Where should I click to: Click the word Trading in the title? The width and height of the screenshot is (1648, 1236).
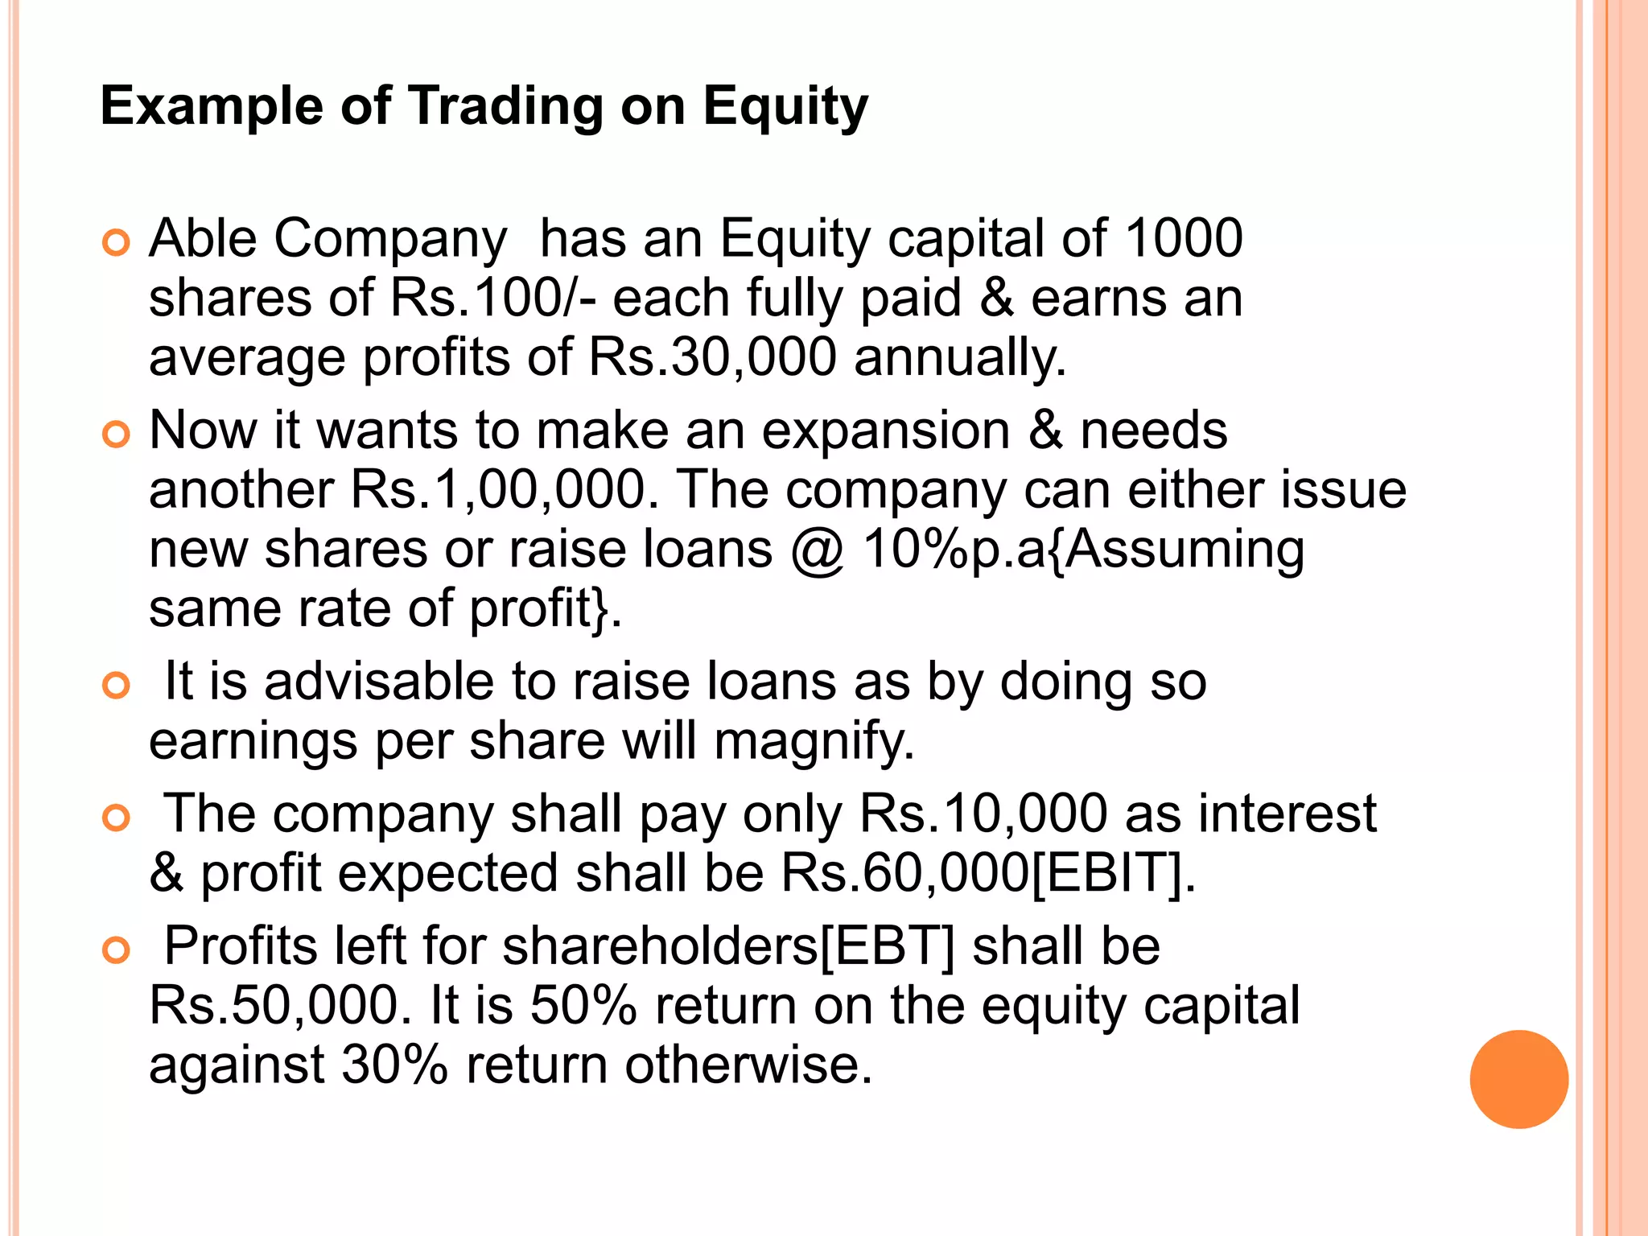[506, 106]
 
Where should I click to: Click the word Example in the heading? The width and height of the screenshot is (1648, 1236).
[212, 106]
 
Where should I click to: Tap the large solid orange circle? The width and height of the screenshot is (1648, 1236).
[1518, 1079]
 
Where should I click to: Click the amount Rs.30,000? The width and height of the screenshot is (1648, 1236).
[712, 357]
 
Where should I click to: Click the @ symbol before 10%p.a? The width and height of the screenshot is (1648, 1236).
[817, 550]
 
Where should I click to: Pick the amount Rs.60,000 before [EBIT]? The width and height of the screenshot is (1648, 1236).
[904, 873]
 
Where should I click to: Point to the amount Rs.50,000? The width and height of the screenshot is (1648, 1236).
[274, 1005]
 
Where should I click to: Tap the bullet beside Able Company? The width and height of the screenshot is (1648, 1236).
[117, 242]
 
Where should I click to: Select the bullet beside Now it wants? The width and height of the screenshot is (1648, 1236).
[117, 435]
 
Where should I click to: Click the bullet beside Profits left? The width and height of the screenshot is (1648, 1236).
[117, 950]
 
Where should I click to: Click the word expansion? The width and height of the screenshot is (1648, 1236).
[885, 431]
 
